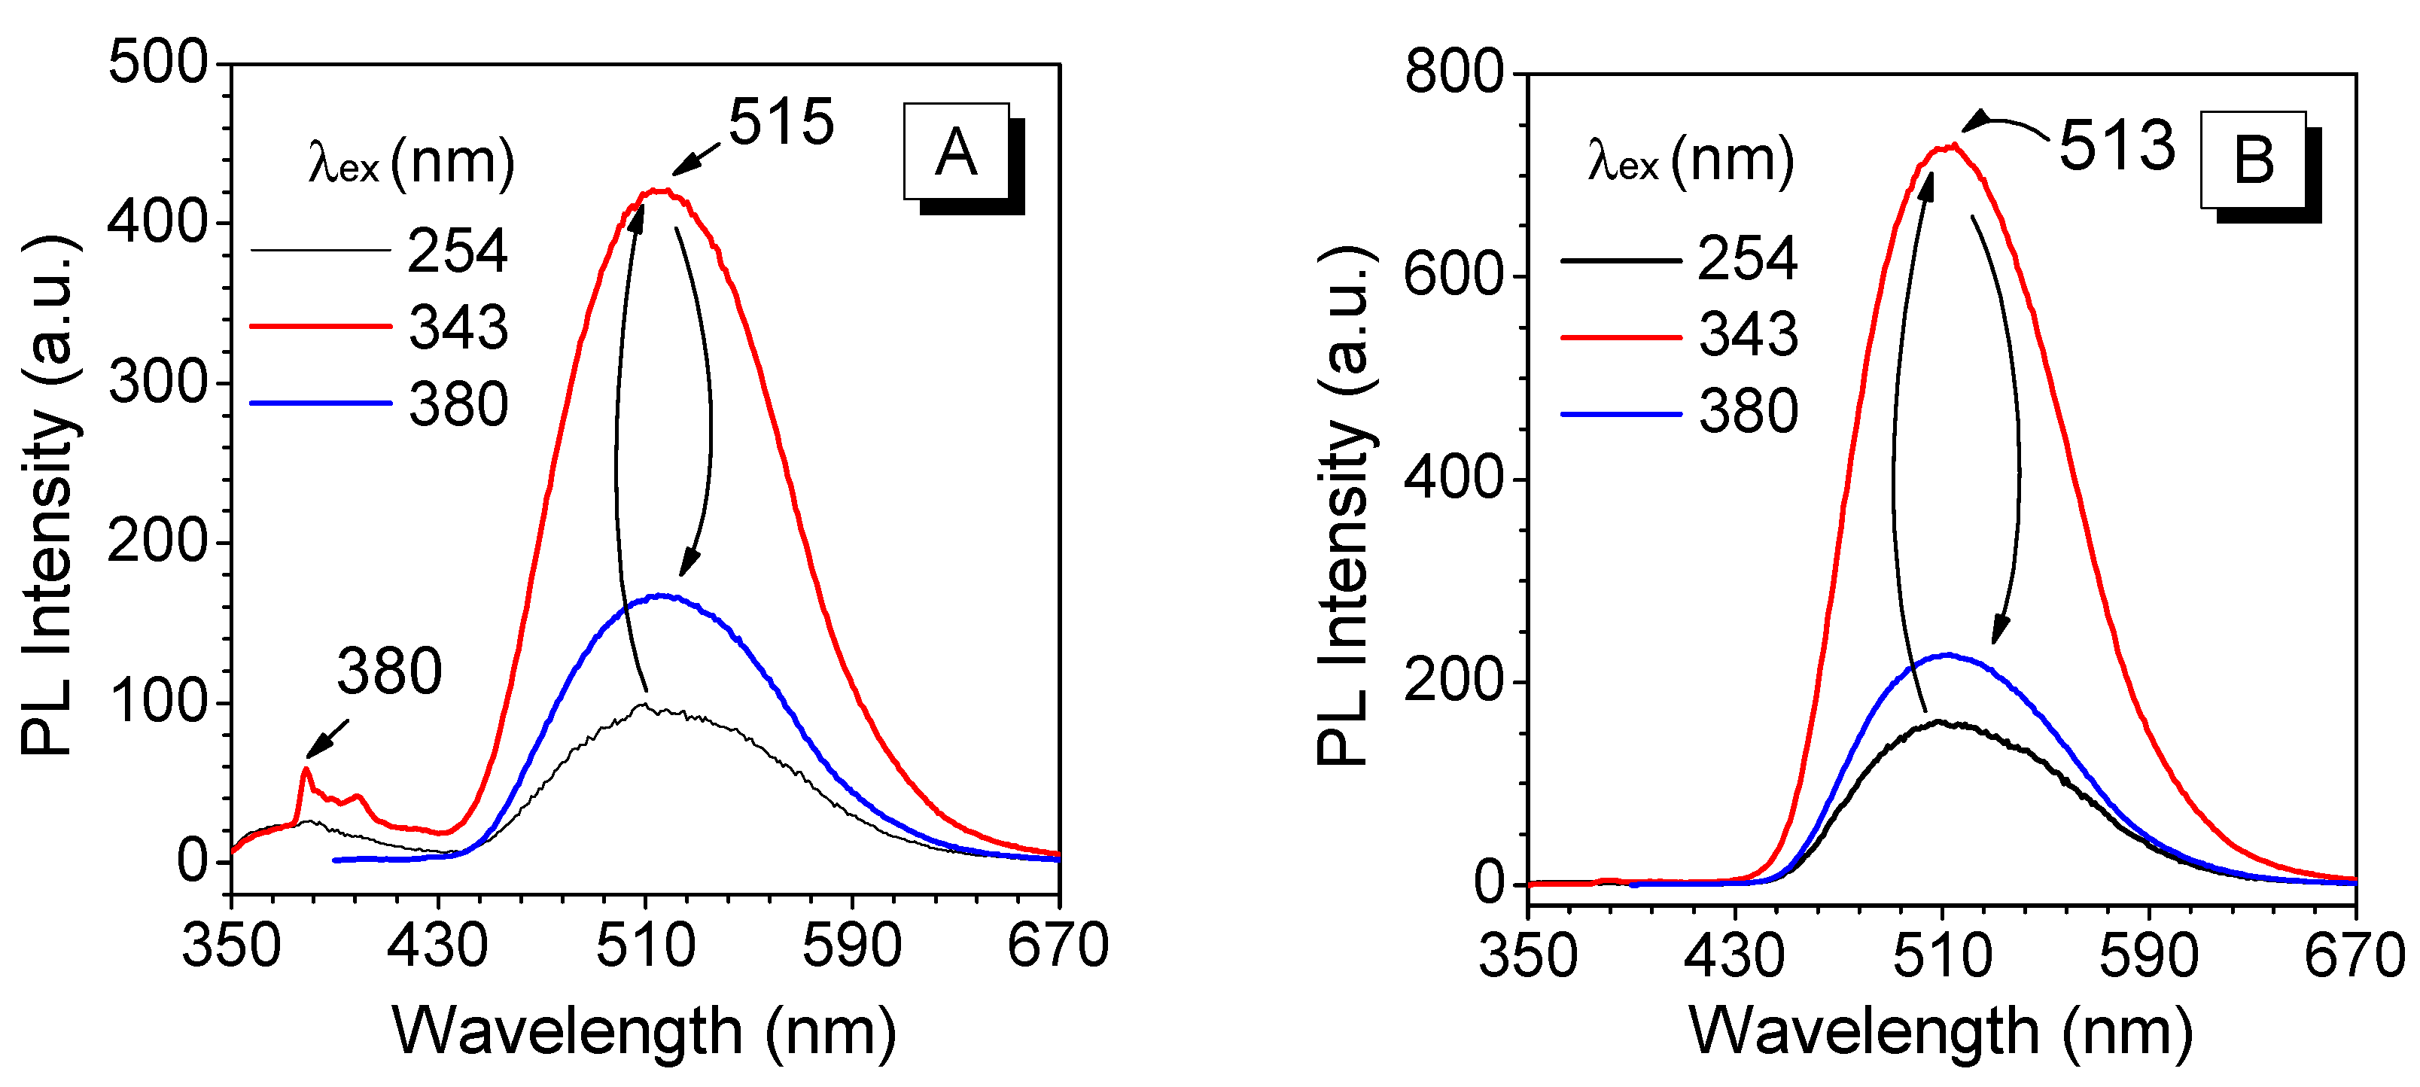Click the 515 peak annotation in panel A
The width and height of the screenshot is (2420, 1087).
pos(781,122)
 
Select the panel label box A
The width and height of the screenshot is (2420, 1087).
pos(957,152)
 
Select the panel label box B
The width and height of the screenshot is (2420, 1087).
pos(2253,160)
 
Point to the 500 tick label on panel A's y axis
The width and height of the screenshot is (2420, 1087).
pos(157,64)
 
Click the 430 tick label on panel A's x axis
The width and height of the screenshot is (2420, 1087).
pos(438,946)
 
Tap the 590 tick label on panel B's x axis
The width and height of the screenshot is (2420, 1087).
pos(2148,957)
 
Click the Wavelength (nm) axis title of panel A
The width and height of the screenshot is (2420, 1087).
pos(644,1031)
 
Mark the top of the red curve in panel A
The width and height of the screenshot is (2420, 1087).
pos(659,190)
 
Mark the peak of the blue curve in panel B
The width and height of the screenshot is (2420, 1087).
pos(1947,655)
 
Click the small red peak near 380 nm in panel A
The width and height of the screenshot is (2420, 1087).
pos(306,769)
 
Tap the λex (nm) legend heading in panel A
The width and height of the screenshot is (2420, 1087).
pos(412,163)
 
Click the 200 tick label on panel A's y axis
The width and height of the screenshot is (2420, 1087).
pos(157,542)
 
